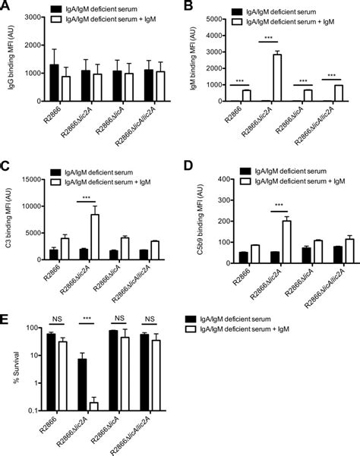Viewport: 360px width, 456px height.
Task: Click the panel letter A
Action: click(5, 6)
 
